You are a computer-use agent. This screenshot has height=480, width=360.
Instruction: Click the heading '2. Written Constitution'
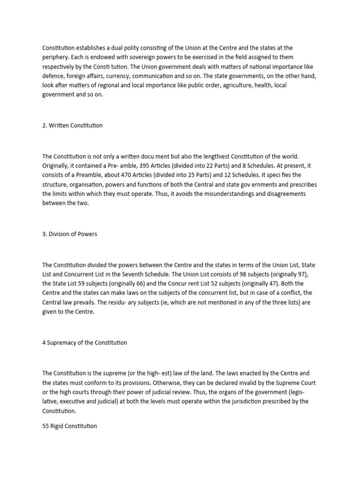pos(72,126)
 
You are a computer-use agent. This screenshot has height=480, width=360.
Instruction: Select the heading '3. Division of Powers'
pos(70,234)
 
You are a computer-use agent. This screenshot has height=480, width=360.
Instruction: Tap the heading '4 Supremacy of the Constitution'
pos(84,342)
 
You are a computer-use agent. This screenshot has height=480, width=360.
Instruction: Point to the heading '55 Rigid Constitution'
pos(69,427)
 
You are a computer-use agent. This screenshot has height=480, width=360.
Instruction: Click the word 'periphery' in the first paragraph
pos(56,57)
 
